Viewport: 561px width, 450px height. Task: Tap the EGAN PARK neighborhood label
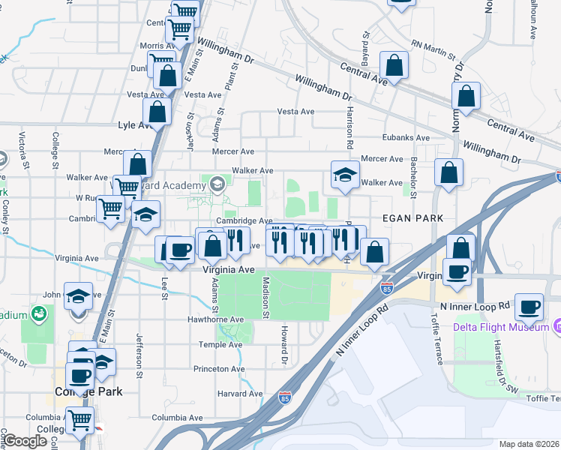click(x=412, y=217)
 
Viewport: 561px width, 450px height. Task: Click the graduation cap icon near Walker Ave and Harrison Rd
click(x=344, y=176)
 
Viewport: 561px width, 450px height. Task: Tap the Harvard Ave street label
click(x=240, y=393)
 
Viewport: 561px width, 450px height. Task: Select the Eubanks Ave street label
click(x=405, y=138)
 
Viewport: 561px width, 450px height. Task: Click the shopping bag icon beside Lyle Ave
click(x=157, y=112)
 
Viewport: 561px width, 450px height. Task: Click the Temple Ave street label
click(x=220, y=345)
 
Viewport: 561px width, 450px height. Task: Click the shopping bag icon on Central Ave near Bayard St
click(x=394, y=65)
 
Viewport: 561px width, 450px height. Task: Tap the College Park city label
click(x=88, y=391)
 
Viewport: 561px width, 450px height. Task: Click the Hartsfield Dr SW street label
click(x=513, y=375)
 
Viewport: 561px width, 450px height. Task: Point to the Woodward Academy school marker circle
click(x=217, y=184)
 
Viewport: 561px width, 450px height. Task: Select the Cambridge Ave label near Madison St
click(x=244, y=221)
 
